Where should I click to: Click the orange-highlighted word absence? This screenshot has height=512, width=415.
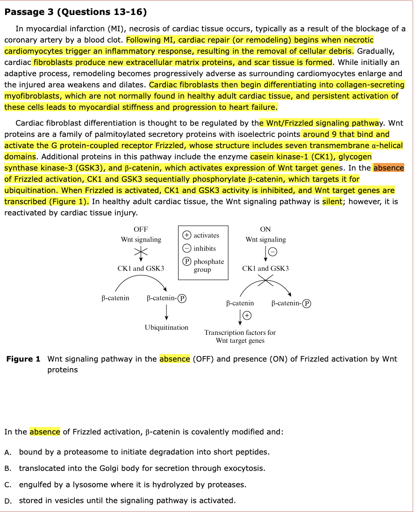point(388,168)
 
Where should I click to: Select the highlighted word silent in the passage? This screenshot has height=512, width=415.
point(332,201)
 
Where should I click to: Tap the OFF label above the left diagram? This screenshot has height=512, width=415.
point(141,229)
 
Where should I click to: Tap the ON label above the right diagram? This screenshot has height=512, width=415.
point(265,229)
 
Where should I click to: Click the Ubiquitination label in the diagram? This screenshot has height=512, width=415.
point(166,327)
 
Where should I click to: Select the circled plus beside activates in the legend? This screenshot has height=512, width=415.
point(186,235)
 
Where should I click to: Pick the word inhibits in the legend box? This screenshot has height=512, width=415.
point(205,249)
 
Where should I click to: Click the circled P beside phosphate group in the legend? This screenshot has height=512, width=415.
point(186,262)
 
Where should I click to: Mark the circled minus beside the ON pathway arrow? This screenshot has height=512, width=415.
point(272,253)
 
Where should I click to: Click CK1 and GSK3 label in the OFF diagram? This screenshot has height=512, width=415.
point(141,269)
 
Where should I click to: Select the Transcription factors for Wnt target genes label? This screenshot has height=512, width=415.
point(240,336)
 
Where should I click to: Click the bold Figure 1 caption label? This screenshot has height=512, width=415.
point(23,359)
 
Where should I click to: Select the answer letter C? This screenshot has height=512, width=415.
point(8,485)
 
